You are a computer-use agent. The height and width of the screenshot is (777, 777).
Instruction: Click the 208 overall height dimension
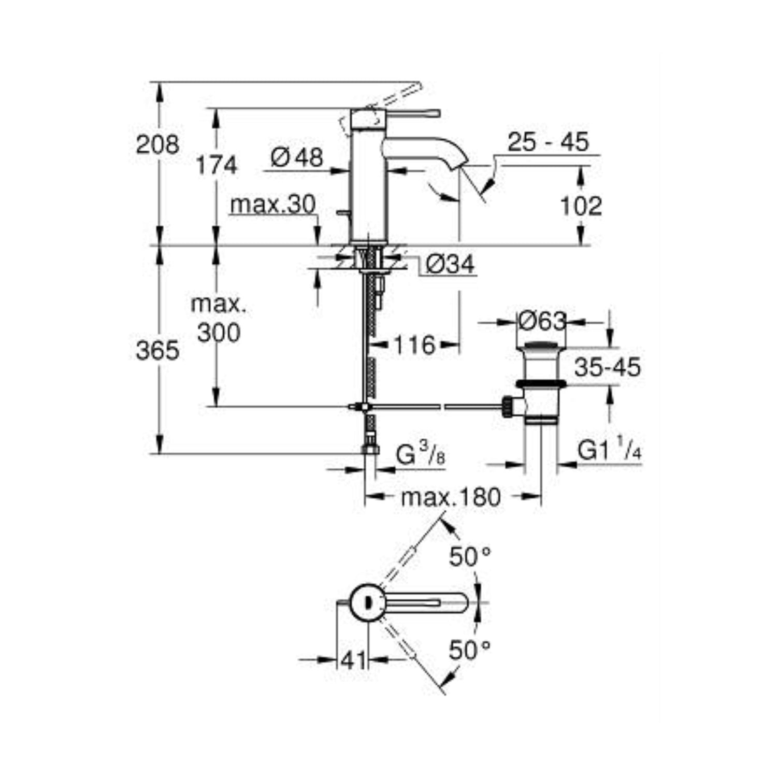pos(157,144)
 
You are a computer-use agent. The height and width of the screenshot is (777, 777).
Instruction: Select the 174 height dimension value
pos(217,165)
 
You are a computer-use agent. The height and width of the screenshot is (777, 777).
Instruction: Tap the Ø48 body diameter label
pos(297,157)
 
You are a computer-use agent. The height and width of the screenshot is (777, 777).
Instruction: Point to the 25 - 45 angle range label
pos(548,142)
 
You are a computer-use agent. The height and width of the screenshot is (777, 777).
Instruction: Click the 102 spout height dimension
pos(581,206)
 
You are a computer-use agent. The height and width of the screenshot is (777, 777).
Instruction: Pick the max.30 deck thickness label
pos(273,205)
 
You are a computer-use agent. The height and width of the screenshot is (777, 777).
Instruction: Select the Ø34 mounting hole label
pos(450,265)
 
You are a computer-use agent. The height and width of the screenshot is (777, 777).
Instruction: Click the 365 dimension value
pos(157,351)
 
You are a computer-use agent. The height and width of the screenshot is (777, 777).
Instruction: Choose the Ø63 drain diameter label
pos(542,322)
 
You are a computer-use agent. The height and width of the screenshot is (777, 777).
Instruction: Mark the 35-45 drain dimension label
pos(607,367)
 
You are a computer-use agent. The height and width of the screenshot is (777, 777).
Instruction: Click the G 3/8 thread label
pos(420,455)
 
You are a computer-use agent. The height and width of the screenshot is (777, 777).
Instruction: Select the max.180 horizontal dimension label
pos(451,497)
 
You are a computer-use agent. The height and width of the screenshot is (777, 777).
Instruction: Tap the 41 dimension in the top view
pos(354,660)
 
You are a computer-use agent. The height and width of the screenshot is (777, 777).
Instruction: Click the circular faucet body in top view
pos(367,602)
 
